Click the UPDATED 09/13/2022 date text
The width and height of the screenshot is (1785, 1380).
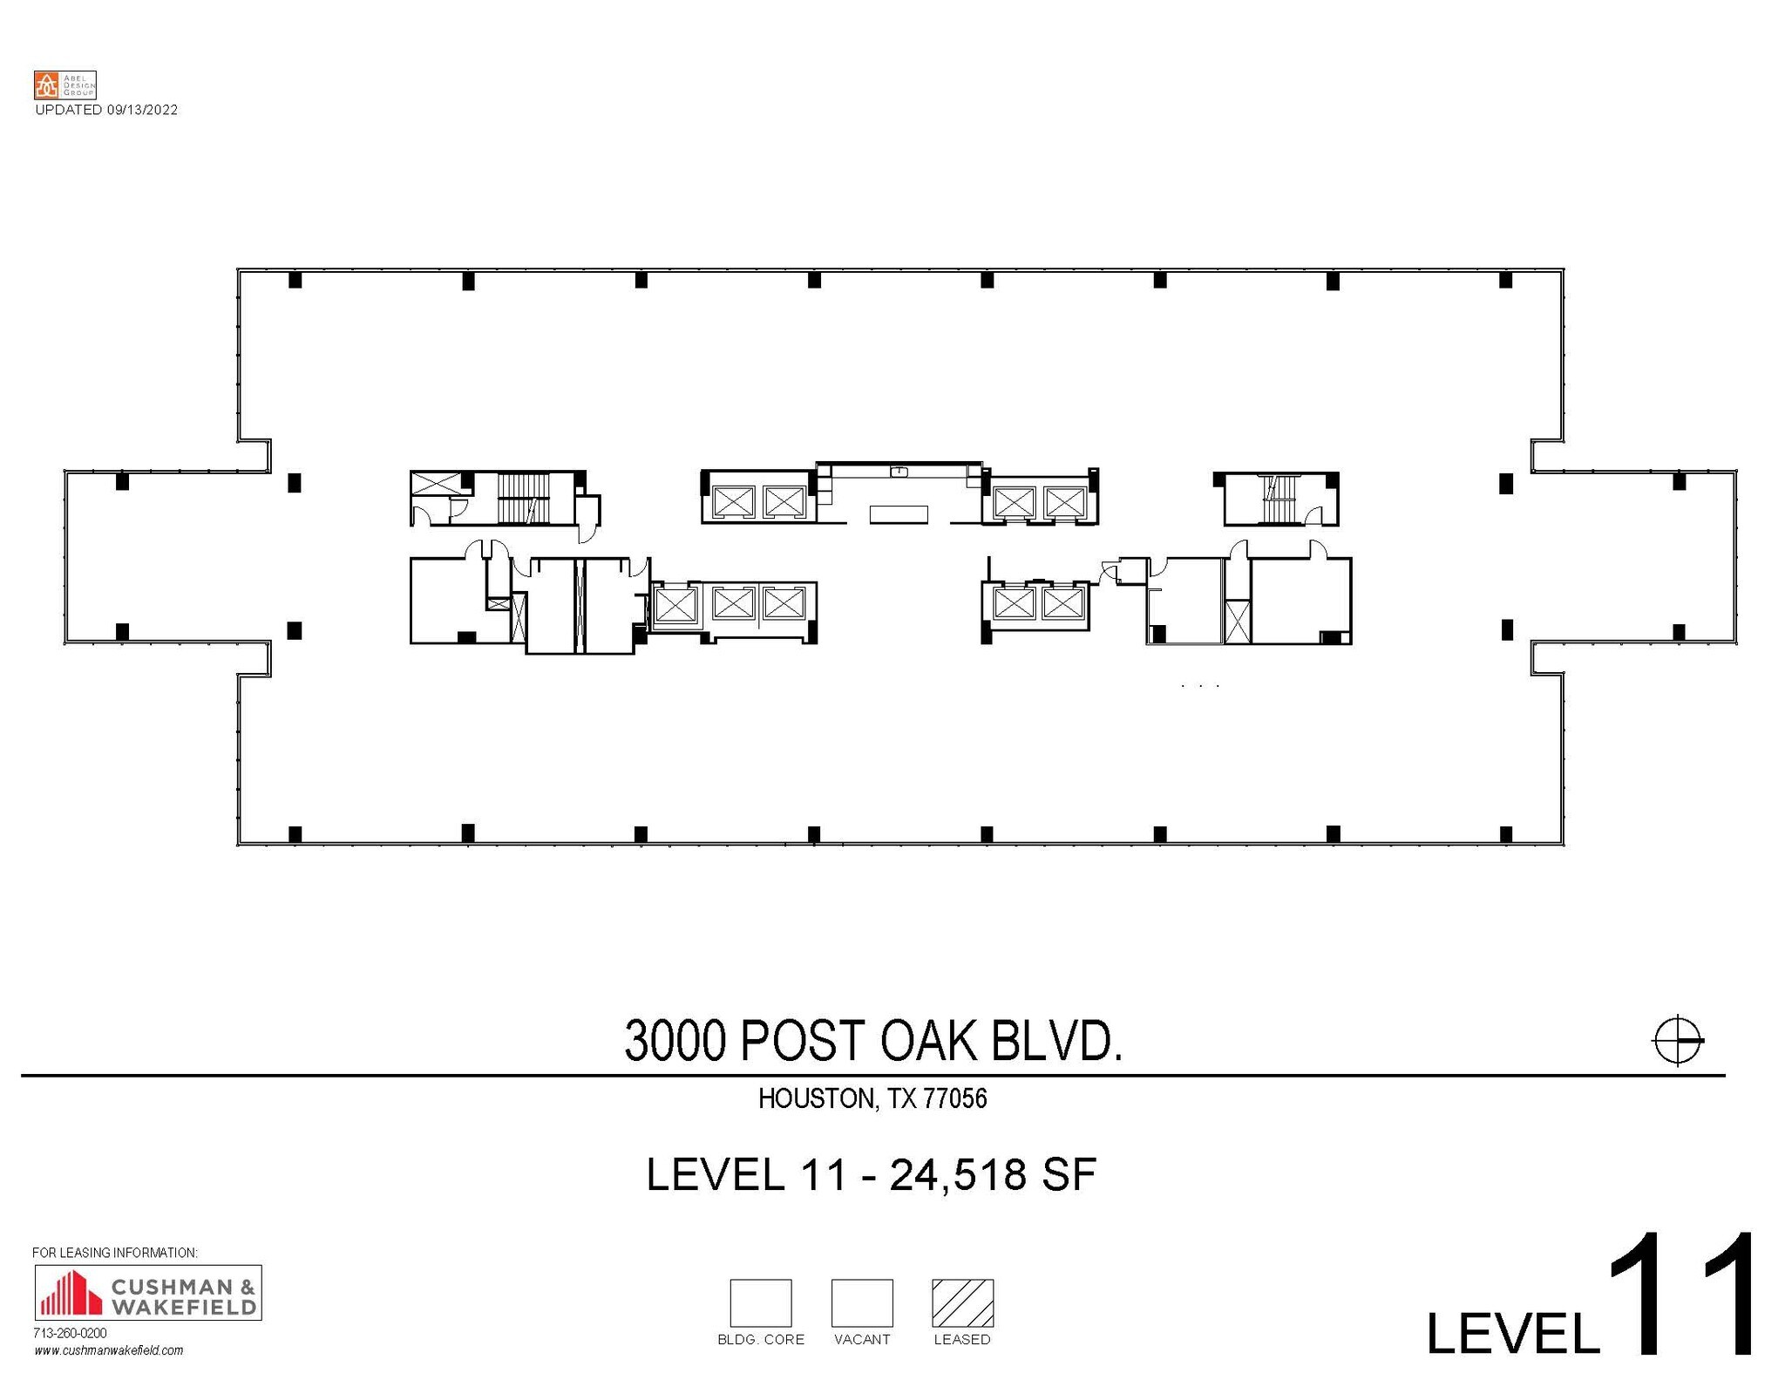point(106,110)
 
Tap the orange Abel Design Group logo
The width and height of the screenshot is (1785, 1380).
point(46,85)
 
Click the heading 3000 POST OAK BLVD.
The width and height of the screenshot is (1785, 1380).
point(873,1041)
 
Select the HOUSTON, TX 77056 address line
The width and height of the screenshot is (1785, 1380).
point(872,1098)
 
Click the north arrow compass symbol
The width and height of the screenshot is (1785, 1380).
point(1677,1040)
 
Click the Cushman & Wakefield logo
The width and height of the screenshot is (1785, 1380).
point(147,1293)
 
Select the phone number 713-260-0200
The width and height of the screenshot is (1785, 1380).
point(70,1333)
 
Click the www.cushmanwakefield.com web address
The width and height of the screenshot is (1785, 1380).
point(109,1350)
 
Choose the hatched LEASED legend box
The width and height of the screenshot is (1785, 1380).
point(962,1302)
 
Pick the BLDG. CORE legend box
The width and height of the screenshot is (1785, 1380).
point(760,1302)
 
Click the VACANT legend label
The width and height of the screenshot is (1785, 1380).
point(862,1339)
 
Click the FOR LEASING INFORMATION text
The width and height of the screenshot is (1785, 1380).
point(115,1253)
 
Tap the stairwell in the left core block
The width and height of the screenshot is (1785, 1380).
point(525,498)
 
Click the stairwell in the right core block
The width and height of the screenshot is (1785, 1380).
point(1279,500)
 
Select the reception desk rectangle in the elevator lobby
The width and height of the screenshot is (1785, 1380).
point(899,514)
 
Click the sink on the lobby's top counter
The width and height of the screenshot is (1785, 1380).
point(900,472)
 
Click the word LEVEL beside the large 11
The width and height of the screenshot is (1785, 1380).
point(1512,1333)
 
